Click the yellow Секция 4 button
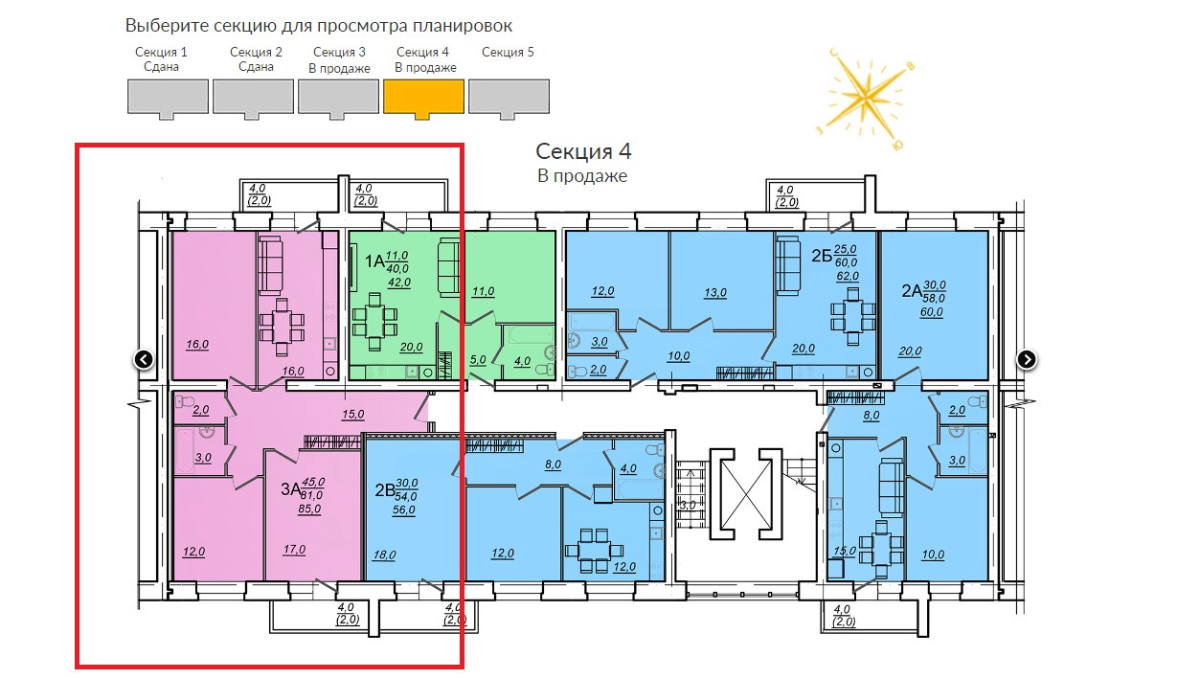423,97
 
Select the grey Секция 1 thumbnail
168,97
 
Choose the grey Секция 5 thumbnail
509,97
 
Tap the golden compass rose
867,97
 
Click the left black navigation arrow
144,359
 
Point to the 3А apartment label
290,489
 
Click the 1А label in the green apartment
374,260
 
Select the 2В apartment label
385,491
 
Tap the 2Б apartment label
821,256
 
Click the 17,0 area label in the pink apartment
294,550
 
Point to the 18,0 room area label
385,554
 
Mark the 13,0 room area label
716,293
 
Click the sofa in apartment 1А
448,267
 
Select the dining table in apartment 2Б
852,316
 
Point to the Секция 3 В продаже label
339,59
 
